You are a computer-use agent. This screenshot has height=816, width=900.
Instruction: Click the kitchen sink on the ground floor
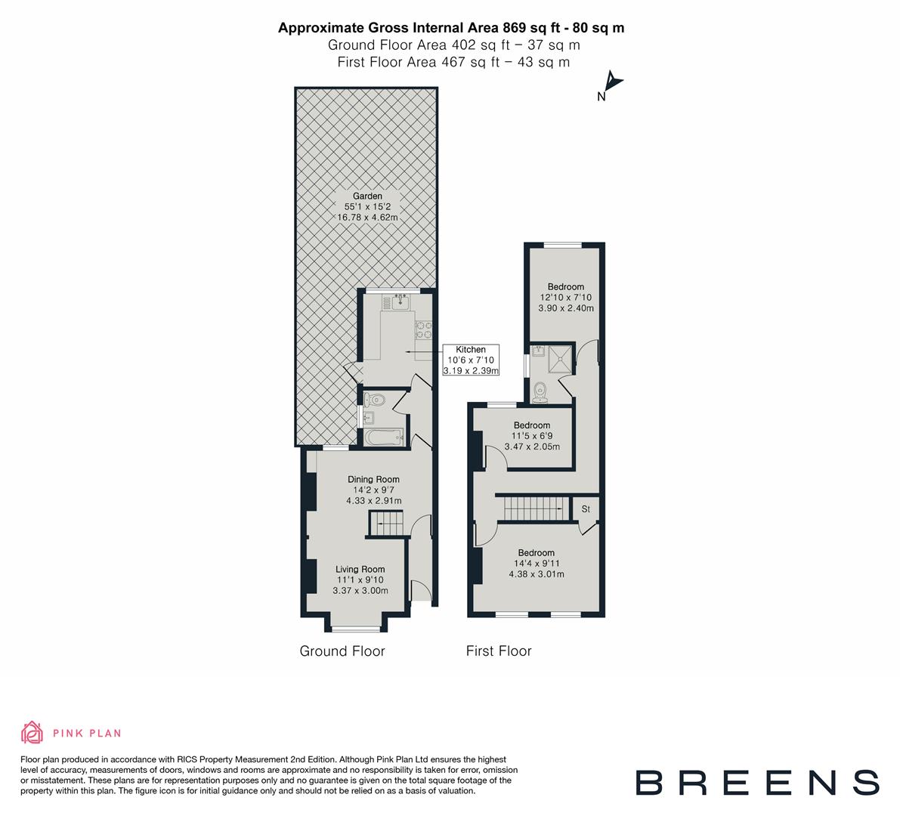click(401, 303)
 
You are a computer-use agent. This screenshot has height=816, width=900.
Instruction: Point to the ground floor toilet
click(376, 399)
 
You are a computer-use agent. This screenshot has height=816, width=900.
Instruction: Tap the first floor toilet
click(540, 390)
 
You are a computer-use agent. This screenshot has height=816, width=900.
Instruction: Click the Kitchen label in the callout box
click(471, 349)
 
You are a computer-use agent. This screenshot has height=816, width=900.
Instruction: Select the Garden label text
click(367, 196)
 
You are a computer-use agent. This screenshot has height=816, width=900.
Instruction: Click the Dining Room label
click(373, 479)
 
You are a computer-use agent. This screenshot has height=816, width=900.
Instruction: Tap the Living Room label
click(360, 569)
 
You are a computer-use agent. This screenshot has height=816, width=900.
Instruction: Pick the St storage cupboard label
click(586, 510)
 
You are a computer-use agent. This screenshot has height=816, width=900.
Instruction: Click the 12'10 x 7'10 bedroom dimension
click(566, 298)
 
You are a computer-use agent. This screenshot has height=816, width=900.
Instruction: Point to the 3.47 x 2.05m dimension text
click(532, 447)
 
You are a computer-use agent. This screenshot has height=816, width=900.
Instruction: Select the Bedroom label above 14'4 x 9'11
click(536, 552)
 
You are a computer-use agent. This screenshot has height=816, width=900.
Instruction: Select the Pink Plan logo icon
click(32, 732)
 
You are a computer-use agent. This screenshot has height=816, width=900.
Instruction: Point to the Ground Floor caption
click(342, 651)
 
